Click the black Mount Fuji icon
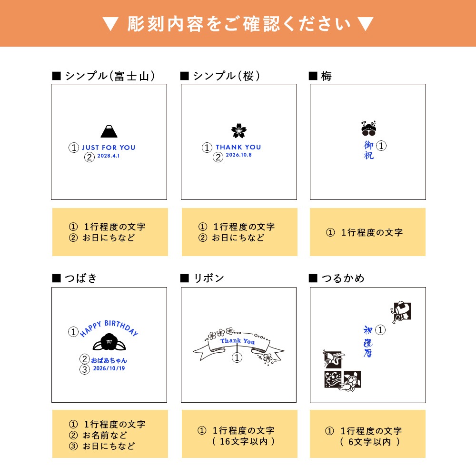click(x=109, y=131)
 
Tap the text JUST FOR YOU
click(x=109, y=148)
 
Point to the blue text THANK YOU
click(x=238, y=148)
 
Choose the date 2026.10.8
click(x=238, y=155)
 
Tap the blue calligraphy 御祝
click(x=369, y=150)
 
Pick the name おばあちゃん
click(x=109, y=360)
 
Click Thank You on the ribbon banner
click(x=237, y=341)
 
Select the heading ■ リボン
click(x=202, y=278)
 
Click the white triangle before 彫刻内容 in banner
click(x=110, y=24)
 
